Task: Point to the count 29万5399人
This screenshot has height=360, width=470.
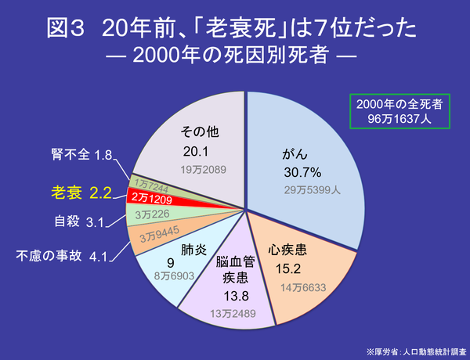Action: (311, 189)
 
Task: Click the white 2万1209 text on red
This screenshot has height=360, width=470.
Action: (157, 199)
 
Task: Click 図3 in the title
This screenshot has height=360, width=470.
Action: (64, 29)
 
